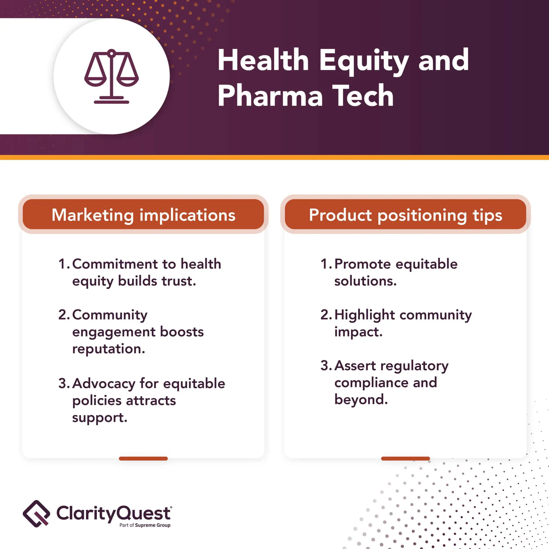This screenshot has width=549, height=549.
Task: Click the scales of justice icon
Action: pos(111,76)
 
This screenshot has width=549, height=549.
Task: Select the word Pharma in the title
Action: pos(270,96)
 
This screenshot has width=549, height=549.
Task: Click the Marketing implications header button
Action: pos(143,214)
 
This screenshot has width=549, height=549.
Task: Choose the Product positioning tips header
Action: pos(406,214)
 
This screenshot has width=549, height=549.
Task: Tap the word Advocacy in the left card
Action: pos(104,384)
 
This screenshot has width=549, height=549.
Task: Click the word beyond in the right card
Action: pos(361,400)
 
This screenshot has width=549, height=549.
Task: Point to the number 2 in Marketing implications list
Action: pos(63,315)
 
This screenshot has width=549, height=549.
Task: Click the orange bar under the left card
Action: pos(143,458)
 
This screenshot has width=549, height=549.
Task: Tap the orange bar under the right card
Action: pos(406,458)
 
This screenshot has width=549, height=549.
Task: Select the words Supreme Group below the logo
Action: pos(153,525)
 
